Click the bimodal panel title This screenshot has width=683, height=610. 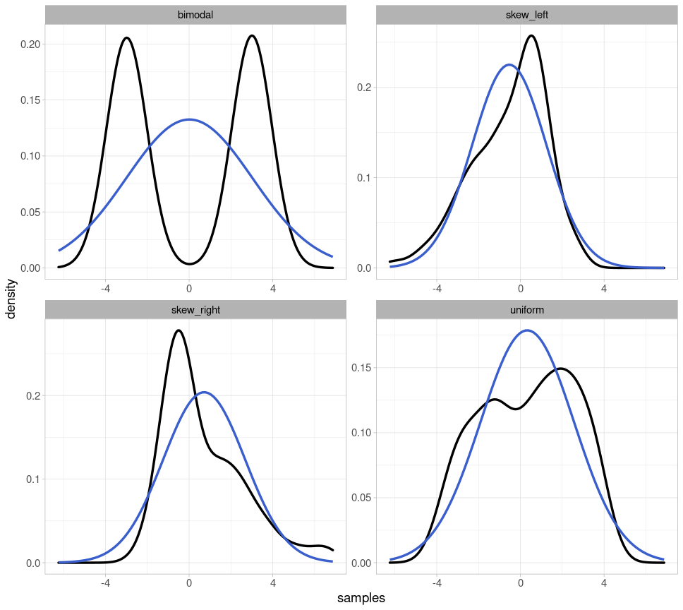point(195,15)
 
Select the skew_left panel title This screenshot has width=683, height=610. point(527,15)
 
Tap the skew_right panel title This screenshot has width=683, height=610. point(195,310)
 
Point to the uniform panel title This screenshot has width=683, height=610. point(527,310)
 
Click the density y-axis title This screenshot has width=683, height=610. point(11,299)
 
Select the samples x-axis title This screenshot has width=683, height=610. point(361,598)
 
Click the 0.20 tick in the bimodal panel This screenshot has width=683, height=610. point(30,44)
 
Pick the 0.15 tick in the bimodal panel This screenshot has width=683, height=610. point(30,100)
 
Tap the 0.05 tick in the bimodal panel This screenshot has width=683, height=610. point(30,213)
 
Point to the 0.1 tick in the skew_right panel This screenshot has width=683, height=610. point(32,479)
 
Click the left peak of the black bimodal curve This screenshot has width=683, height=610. point(126,38)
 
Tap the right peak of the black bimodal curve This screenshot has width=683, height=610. point(252,36)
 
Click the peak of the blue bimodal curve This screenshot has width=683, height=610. point(189,119)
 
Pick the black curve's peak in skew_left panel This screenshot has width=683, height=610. point(531,36)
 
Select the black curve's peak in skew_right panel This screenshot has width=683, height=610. point(179,330)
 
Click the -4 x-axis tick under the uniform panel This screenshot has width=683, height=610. point(437,584)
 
